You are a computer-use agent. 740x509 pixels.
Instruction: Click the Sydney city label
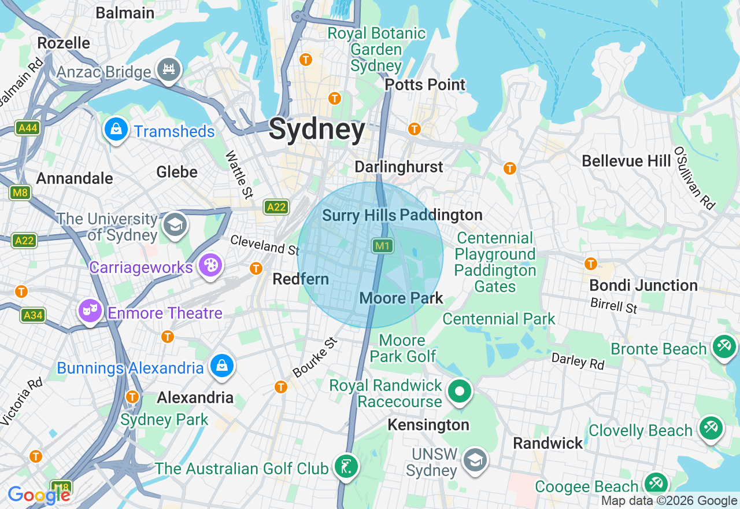(x=317, y=129)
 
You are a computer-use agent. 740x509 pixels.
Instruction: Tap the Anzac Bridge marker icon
(x=168, y=70)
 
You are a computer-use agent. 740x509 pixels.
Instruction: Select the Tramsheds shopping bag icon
(x=116, y=130)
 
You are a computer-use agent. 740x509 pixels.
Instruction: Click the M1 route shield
(x=382, y=246)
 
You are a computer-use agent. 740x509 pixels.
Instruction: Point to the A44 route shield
(x=28, y=128)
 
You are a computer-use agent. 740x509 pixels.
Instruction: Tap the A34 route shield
(x=33, y=315)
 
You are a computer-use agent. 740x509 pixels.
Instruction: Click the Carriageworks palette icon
(x=211, y=265)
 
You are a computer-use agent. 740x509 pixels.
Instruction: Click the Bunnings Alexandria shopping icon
(x=221, y=366)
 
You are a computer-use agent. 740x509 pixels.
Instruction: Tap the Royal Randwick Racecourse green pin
(x=460, y=392)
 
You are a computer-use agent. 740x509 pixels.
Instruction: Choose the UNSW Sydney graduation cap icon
(x=475, y=460)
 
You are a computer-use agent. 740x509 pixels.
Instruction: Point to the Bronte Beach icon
(x=724, y=347)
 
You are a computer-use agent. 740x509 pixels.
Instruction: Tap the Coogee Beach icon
(x=656, y=484)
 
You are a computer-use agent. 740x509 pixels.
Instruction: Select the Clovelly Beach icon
(x=710, y=429)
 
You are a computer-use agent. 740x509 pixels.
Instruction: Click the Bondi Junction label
(x=643, y=285)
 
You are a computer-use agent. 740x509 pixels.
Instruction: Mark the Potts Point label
(x=425, y=84)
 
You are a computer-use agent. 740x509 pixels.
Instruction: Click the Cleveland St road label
(x=265, y=245)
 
